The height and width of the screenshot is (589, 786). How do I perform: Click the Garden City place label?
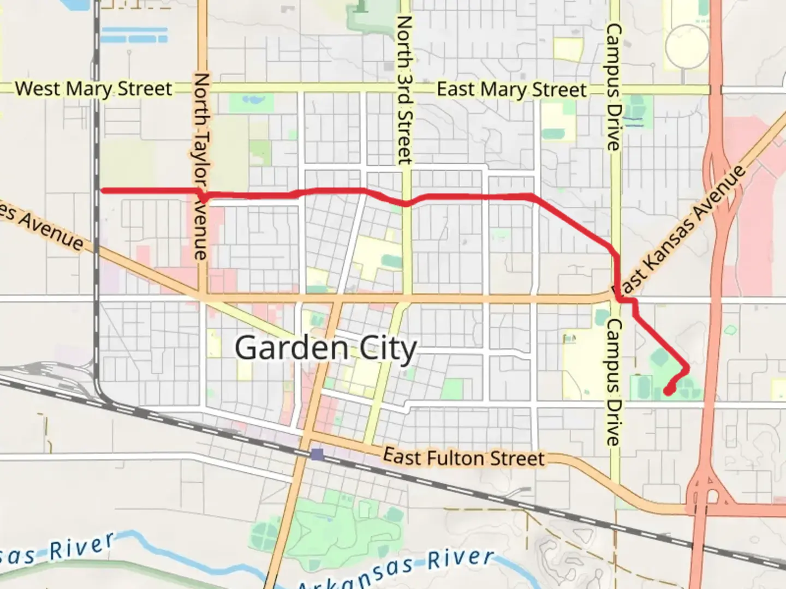[326, 348]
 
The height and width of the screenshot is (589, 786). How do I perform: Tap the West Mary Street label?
[93, 88]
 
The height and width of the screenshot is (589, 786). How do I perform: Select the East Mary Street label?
[511, 89]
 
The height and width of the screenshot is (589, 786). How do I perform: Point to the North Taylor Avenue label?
[201, 166]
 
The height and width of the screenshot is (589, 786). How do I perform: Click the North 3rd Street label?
[404, 90]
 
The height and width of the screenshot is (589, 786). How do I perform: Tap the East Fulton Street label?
[464, 457]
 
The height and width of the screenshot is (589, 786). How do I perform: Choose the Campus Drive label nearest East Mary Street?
[614, 87]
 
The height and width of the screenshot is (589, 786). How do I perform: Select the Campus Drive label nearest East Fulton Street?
[614, 382]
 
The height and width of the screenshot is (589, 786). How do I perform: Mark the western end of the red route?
[103, 190]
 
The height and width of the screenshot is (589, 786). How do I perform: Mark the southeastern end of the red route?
[667, 390]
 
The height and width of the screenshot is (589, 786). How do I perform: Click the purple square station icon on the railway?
[317, 454]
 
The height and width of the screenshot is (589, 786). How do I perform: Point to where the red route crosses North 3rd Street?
[406, 203]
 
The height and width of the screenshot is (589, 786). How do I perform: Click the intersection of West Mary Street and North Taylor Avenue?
[203, 88]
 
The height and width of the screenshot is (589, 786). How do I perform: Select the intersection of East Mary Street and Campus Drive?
[615, 89]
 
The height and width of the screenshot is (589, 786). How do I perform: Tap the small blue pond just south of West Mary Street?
[252, 100]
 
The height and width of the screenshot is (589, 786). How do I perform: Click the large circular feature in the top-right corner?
[686, 46]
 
